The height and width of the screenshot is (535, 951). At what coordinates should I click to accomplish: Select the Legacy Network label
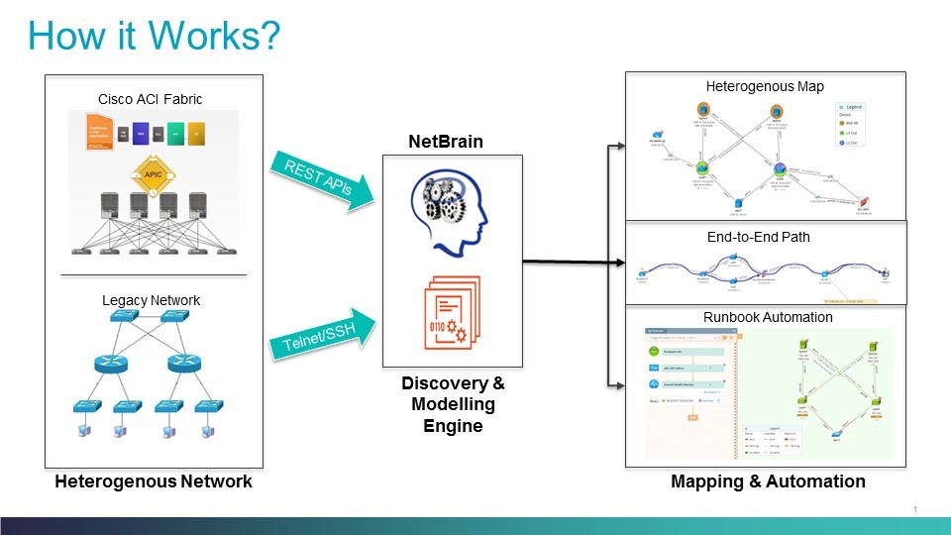click(x=152, y=299)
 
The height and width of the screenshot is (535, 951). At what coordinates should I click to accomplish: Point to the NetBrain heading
click(x=446, y=142)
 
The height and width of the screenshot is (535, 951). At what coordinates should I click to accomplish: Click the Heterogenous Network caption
click(x=154, y=481)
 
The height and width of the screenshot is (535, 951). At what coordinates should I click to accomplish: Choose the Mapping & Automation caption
click(x=768, y=481)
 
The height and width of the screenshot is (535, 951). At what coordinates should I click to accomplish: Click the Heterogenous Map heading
click(x=764, y=87)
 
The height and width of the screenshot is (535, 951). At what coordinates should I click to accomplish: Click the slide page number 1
click(x=915, y=509)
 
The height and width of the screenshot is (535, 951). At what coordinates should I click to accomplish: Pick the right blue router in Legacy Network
click(x=183, y=364)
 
